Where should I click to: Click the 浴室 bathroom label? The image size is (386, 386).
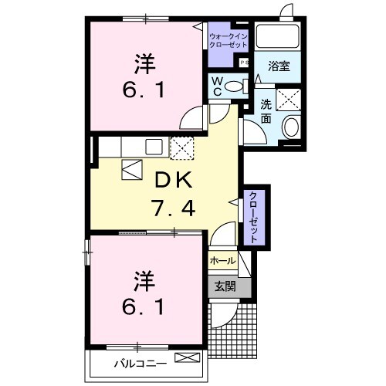pyautogui.click(x=279, y=66)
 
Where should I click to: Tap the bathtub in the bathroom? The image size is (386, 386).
pyautogui.click(x=278, y=36)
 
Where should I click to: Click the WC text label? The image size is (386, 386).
pyautogui.click(x=218, y=86)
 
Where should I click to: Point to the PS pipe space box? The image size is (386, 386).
pyautogui.click(x=244, y=63)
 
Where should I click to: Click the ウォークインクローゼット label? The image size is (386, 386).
pyautogui.click(x=229, y=40)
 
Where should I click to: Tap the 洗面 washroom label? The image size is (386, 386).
pyautogui.click(x=266, y=111)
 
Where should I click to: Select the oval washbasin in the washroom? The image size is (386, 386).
pyautogui.click(x=291, y=127)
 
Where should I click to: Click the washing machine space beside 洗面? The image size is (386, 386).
pyautogui.click(x=288, y=100)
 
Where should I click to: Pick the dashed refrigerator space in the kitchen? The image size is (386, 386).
pyautogui.click(x=181, y=148)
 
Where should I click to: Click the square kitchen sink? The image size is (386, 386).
pyautogui.click(x=154, y=147)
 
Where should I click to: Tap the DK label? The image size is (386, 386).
pyautogui.click(x=173, y=180)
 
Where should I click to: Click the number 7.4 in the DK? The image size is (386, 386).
pyautogui.click(x=173, y=208)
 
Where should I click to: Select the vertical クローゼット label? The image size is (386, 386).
pyautogui.click(x=254, y=217)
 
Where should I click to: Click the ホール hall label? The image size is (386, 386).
pyautogui.click(x=223, y=261)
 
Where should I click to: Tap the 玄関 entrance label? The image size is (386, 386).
pyautogui.click(x=225, y=286)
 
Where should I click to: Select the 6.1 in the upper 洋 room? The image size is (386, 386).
pyautogui.click(x=144, y=90)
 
